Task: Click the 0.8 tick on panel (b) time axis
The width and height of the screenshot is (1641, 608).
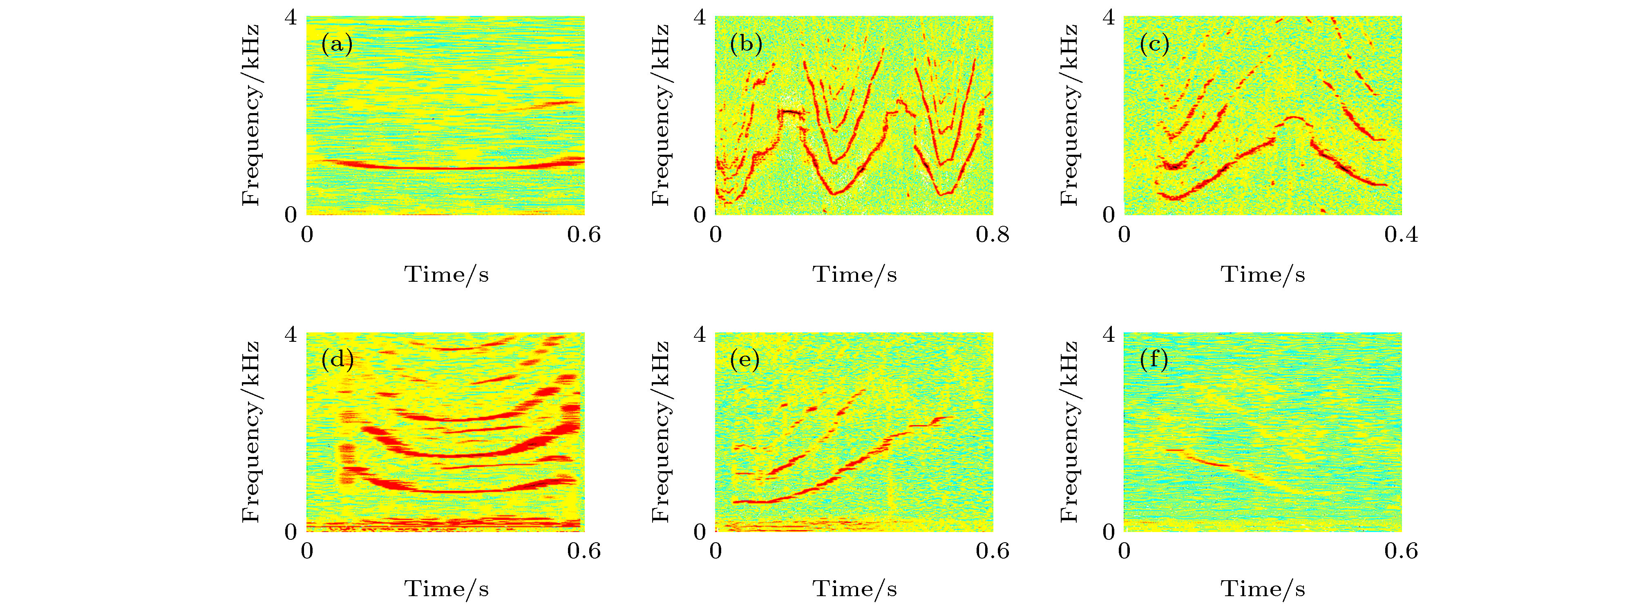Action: pyautogui.click(x=993, y=235)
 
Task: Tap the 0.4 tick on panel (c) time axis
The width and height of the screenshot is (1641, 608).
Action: pyautogui.click(x=1401, y=235)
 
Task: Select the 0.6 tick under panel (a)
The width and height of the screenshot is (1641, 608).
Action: pyautogui.click(x=584, y=235)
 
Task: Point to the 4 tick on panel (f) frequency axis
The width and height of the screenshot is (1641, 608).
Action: pyautogui.click(x=1109, y=334)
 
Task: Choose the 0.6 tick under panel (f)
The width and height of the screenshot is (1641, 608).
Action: pyautogui.click(x=1401, y=551)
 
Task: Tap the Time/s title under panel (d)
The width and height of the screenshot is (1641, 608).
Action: pyautogui.click(x=446, y=589)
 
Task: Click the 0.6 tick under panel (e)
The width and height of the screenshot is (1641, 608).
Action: pyautogui.click(x=993, y=551)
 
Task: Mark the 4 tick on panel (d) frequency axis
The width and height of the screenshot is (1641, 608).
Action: pyautogui.click(x=291, y=334)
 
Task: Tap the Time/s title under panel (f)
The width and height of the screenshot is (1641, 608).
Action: pyautogui.click(x=1263, y=589)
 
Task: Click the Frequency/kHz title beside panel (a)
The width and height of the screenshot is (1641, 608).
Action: pyautogui.click(x=251, y=115)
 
